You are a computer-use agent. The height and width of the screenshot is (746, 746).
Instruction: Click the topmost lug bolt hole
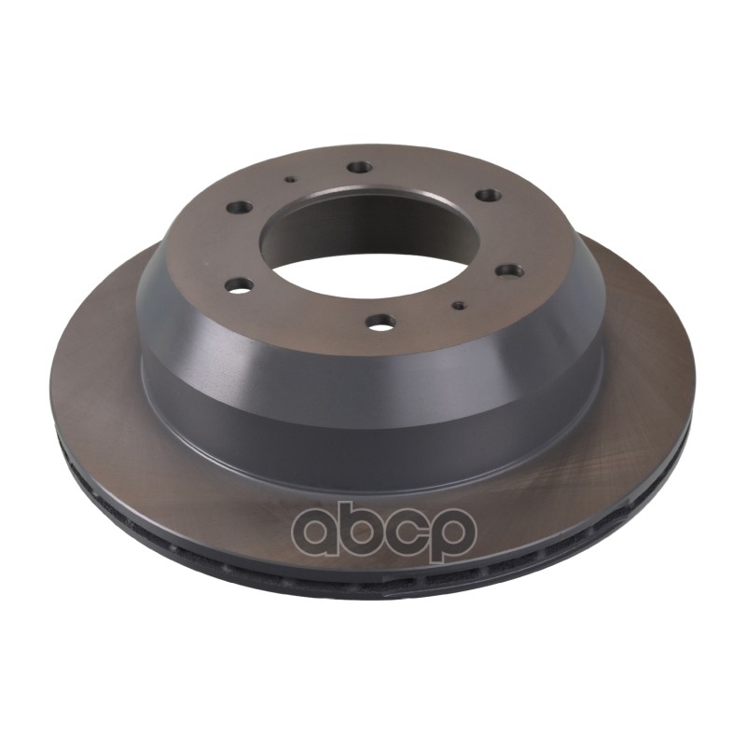(360, 168)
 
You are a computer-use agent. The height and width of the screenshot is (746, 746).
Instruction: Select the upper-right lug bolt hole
(486, 195)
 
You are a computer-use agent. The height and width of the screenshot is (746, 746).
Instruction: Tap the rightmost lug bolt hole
(509, 270)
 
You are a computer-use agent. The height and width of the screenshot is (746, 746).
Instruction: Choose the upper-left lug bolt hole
(241, 207)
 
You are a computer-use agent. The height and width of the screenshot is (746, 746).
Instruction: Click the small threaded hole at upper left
(290, 180)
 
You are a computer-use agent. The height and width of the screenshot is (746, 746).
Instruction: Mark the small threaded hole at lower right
(459, 304)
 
